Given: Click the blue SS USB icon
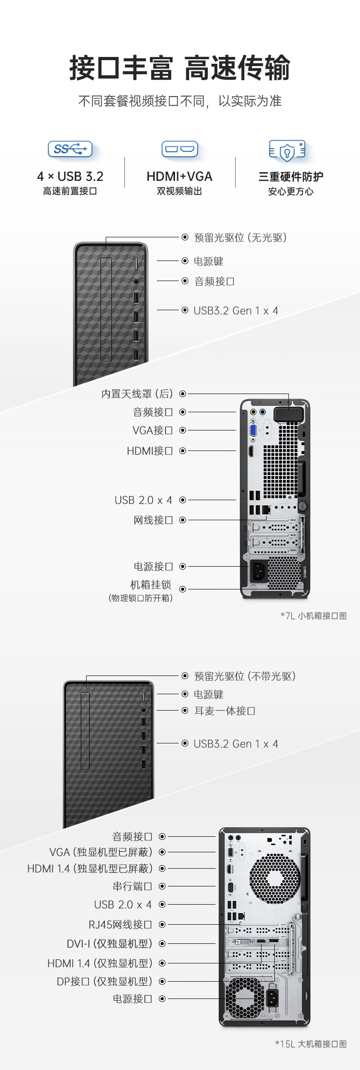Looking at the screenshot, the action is coord(70,149).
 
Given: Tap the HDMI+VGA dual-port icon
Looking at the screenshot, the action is coord(180,149).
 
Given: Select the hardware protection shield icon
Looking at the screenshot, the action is coord(287,150).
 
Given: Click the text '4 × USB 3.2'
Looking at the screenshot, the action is coord(70,176).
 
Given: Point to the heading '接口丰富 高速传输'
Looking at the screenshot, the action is coord(180,68).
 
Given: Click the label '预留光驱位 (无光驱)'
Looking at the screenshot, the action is coord(240,237).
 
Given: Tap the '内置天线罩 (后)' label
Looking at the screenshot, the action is coord(137,394).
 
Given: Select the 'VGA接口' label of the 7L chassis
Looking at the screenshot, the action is coord(153,430).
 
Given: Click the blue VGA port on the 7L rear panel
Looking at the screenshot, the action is coord(252,431).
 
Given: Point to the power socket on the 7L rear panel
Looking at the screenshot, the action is coord(258,570).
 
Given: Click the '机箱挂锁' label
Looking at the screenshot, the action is coord(150,584).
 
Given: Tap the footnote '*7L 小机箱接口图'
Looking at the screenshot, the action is coord(314,616).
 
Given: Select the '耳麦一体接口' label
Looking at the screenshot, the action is coord(225,711).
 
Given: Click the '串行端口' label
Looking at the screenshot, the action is coord(132,886).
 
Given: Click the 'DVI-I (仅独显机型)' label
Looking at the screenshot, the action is coord(109,943).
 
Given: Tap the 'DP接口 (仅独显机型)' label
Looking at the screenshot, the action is coord(104,981).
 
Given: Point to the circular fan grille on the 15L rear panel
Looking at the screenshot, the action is coord(275,879).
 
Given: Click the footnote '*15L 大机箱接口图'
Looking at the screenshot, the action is coord(311,1044).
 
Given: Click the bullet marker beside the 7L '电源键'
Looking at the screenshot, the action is coord(185,261).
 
